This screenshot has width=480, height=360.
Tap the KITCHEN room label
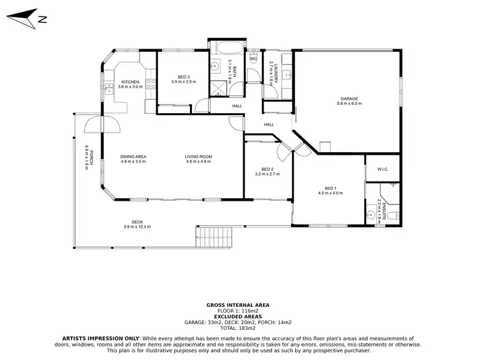pyautogui.click(x=131, y=82)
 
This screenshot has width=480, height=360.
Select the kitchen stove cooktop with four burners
pyautogui.click(x=150, y=82)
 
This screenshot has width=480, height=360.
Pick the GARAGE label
pyautogui.click(x=349, y=98)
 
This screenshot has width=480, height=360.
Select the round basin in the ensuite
pyautogui.click(x=371, y=214)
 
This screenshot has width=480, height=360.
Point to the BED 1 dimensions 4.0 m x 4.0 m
pyautogui.click(x=330, y=192)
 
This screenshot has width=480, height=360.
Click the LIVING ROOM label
pyautogui.click(x=198, y=157)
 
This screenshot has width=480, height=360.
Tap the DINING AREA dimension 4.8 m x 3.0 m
pyautogui.click(x=134, y=162)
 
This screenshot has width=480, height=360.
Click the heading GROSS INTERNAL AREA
pyautogui.click(x=238, y=305)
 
